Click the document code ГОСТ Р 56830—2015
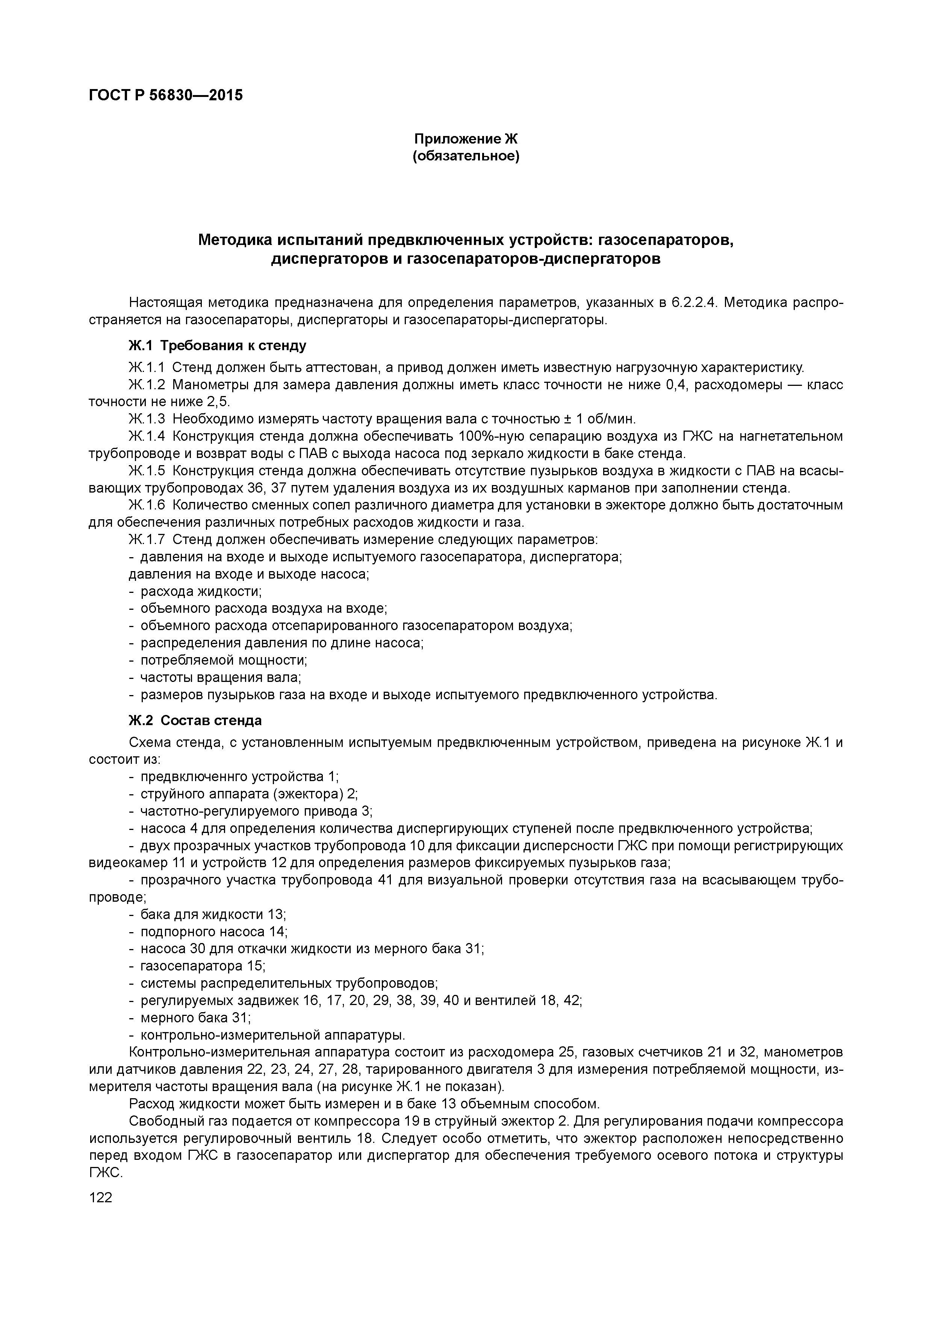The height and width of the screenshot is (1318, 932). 166,95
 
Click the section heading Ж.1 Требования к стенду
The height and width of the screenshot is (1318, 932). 217,346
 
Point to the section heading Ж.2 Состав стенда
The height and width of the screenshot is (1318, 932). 195,720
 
